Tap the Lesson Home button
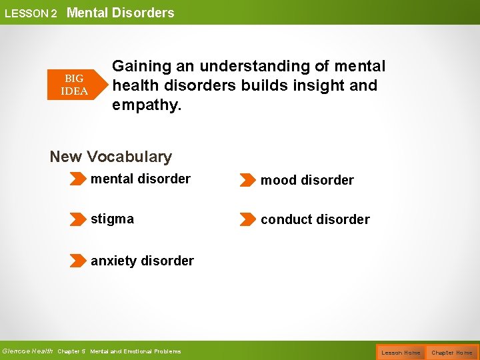pos(401,352)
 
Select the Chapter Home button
pos(452,352)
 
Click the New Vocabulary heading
pos(111,157)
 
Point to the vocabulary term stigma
pos(112,219)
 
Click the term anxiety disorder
pos(142,261)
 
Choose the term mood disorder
pos(307,180)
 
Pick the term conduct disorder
pos(315,219)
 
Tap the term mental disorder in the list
pos(140,179)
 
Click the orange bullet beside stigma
pos(79,219)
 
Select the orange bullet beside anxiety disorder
pos(79,261)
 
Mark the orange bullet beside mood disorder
pos(247,180)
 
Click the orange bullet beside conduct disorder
pos(247,219)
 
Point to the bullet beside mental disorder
pos(79,179)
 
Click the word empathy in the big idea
pos(146,105)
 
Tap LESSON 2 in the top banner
pos(31,13)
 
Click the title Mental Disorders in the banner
pos(120,13)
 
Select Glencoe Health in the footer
pos(27,351)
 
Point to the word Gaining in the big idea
pos(141,66)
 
